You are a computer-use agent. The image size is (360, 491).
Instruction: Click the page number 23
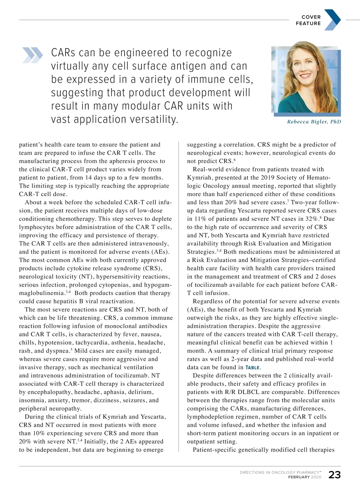[334, 475]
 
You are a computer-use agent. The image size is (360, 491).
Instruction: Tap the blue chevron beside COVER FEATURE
[332, 20]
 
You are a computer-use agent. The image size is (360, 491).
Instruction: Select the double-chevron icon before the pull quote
[32, 55]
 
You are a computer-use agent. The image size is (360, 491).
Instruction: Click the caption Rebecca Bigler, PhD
[314, 122]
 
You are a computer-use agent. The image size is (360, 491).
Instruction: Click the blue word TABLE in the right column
[252, 368]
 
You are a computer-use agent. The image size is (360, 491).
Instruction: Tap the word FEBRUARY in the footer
[299, 477]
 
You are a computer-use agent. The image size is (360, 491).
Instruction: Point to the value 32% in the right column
[313, 219]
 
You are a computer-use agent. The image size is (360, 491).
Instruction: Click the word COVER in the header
[311, 17]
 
